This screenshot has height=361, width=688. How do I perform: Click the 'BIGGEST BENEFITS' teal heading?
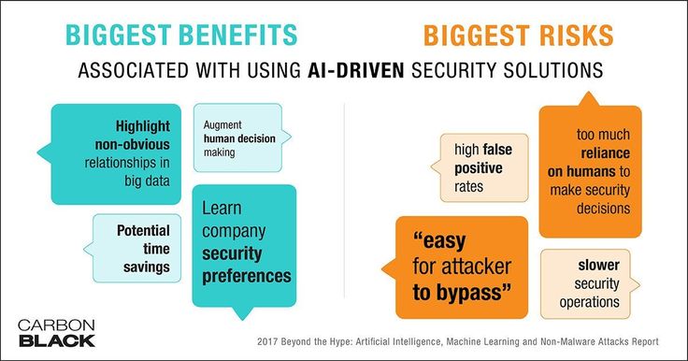(181, 36)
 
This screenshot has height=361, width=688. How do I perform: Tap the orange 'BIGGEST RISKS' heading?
(518, 36)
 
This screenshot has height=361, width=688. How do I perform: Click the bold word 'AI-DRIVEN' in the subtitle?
(355, 70)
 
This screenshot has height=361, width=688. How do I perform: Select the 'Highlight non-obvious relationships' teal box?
(116, 154)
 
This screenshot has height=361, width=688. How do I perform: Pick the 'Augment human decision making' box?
(240, 137)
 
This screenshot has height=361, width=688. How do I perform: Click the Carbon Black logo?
(57, 333)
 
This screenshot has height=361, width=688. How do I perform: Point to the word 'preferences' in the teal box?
(247, 277)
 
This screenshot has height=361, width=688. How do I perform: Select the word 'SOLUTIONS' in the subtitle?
(553, 70)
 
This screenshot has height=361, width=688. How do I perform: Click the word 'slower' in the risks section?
(598, 266)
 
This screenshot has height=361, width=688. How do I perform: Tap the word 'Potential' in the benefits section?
(143, 231)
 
